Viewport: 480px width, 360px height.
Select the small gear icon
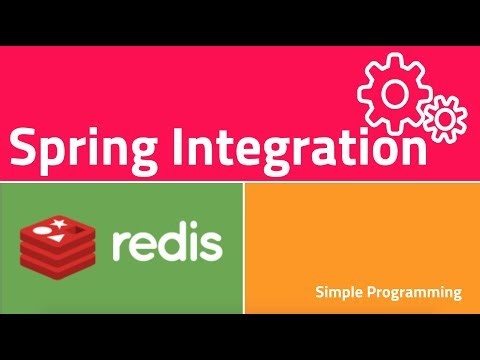coord(444,118)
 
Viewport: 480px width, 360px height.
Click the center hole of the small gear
coord(444,118)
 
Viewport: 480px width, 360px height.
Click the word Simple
coord(339,293)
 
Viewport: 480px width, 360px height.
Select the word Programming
coord(415,293)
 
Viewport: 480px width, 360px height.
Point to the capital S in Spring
coord(24,148)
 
